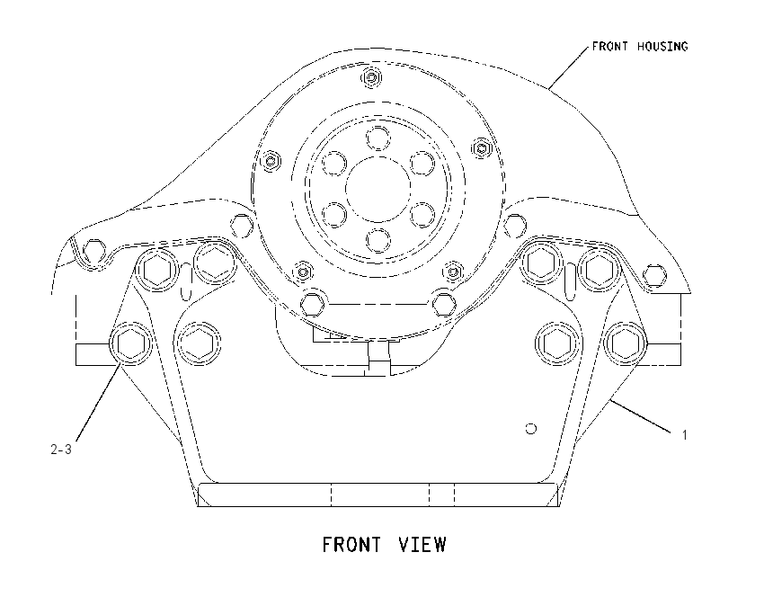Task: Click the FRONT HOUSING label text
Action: pos(640,46)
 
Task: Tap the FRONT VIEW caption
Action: pos(384,544)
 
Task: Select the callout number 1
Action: pos(684,435)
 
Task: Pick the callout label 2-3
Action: pos(61,450)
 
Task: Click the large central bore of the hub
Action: pos(378,189)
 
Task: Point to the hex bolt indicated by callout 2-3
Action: pos(130,343)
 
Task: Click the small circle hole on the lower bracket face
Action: pos(531,429)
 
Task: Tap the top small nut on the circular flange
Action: pos(372,77)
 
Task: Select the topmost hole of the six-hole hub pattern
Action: pos(378,138)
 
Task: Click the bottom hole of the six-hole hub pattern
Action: pos(378,240)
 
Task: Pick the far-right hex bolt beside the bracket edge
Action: pos(626,343)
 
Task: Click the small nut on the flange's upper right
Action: pos(482,147)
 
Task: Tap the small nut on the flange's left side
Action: pos(270,160)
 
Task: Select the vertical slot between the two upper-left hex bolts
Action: pos(186,281)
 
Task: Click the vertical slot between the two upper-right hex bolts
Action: pos(570,281)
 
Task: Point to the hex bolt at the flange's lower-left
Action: pos(311,304)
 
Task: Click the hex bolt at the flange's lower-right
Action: pos(444,304)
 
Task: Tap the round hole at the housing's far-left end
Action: pos(94,252)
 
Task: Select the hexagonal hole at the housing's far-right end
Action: pos(654,275)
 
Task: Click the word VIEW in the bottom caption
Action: pos(422,544)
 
